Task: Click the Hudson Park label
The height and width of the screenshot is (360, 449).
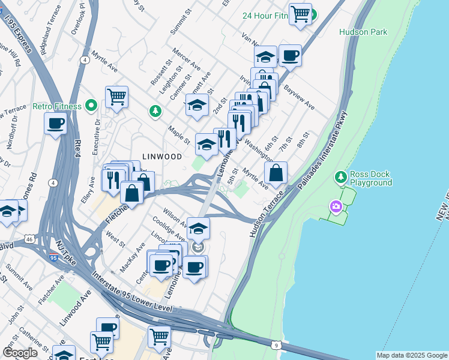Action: pos(363,32)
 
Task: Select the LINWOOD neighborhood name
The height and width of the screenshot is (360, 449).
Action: pos(161,156)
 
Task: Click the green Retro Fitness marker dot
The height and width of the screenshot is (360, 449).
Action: pos(91,106)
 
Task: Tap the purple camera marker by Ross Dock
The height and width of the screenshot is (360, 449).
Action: pos(335,207)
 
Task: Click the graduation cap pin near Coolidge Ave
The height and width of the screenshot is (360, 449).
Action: pos(198,228)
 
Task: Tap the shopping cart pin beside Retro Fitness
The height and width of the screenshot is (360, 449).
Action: pos(116,97)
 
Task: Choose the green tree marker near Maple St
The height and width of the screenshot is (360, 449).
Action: pos(155,111)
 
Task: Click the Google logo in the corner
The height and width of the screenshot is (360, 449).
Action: pos(20,353)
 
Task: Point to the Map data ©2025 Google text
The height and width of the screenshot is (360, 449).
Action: pos(412,355)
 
